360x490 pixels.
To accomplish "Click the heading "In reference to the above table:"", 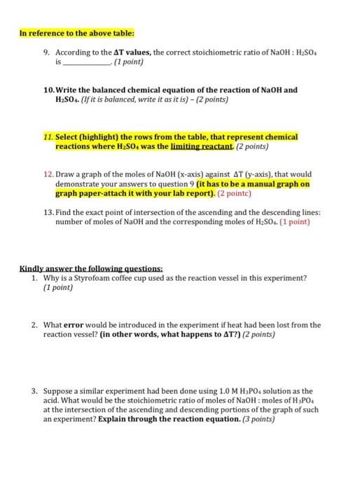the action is click(x=66, y=33).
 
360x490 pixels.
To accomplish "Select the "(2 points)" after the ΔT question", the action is click(x=255, y=335).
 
